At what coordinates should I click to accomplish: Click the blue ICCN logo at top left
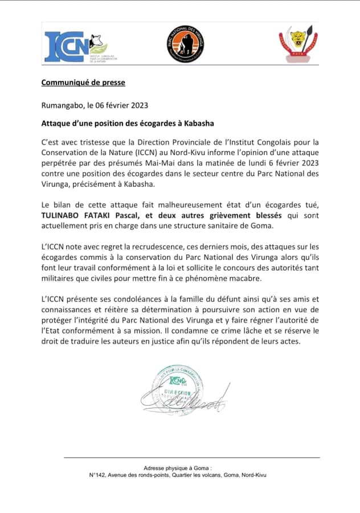[66, 46]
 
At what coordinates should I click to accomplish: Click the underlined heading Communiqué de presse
[83, 83]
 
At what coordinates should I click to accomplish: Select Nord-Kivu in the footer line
[254, 475]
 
